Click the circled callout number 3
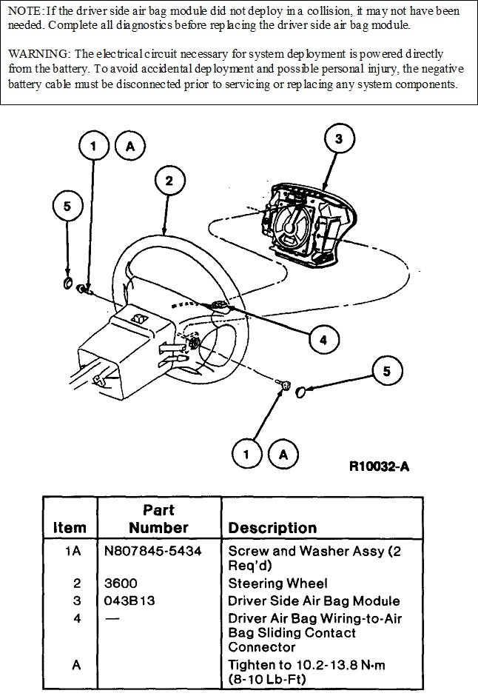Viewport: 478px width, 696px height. click(x=338, y=138)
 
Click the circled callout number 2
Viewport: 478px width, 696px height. click(x=169, y=181)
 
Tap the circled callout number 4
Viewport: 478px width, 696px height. click(x=323, y=339)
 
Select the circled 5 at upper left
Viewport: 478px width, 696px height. click(x=68, y=207)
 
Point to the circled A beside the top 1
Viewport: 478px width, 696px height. click(x=130, y=147)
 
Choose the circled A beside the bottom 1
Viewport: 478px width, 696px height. click(x=283, y=454)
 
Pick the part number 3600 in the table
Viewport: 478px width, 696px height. click(x=121, y=583)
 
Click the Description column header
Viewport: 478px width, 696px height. click(x=272, y=528)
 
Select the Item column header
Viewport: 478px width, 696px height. click(x=70, y=528)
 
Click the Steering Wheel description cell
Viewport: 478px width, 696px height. click(x=277, y=583)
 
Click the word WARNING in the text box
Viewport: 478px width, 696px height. click(x=35, y=55)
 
